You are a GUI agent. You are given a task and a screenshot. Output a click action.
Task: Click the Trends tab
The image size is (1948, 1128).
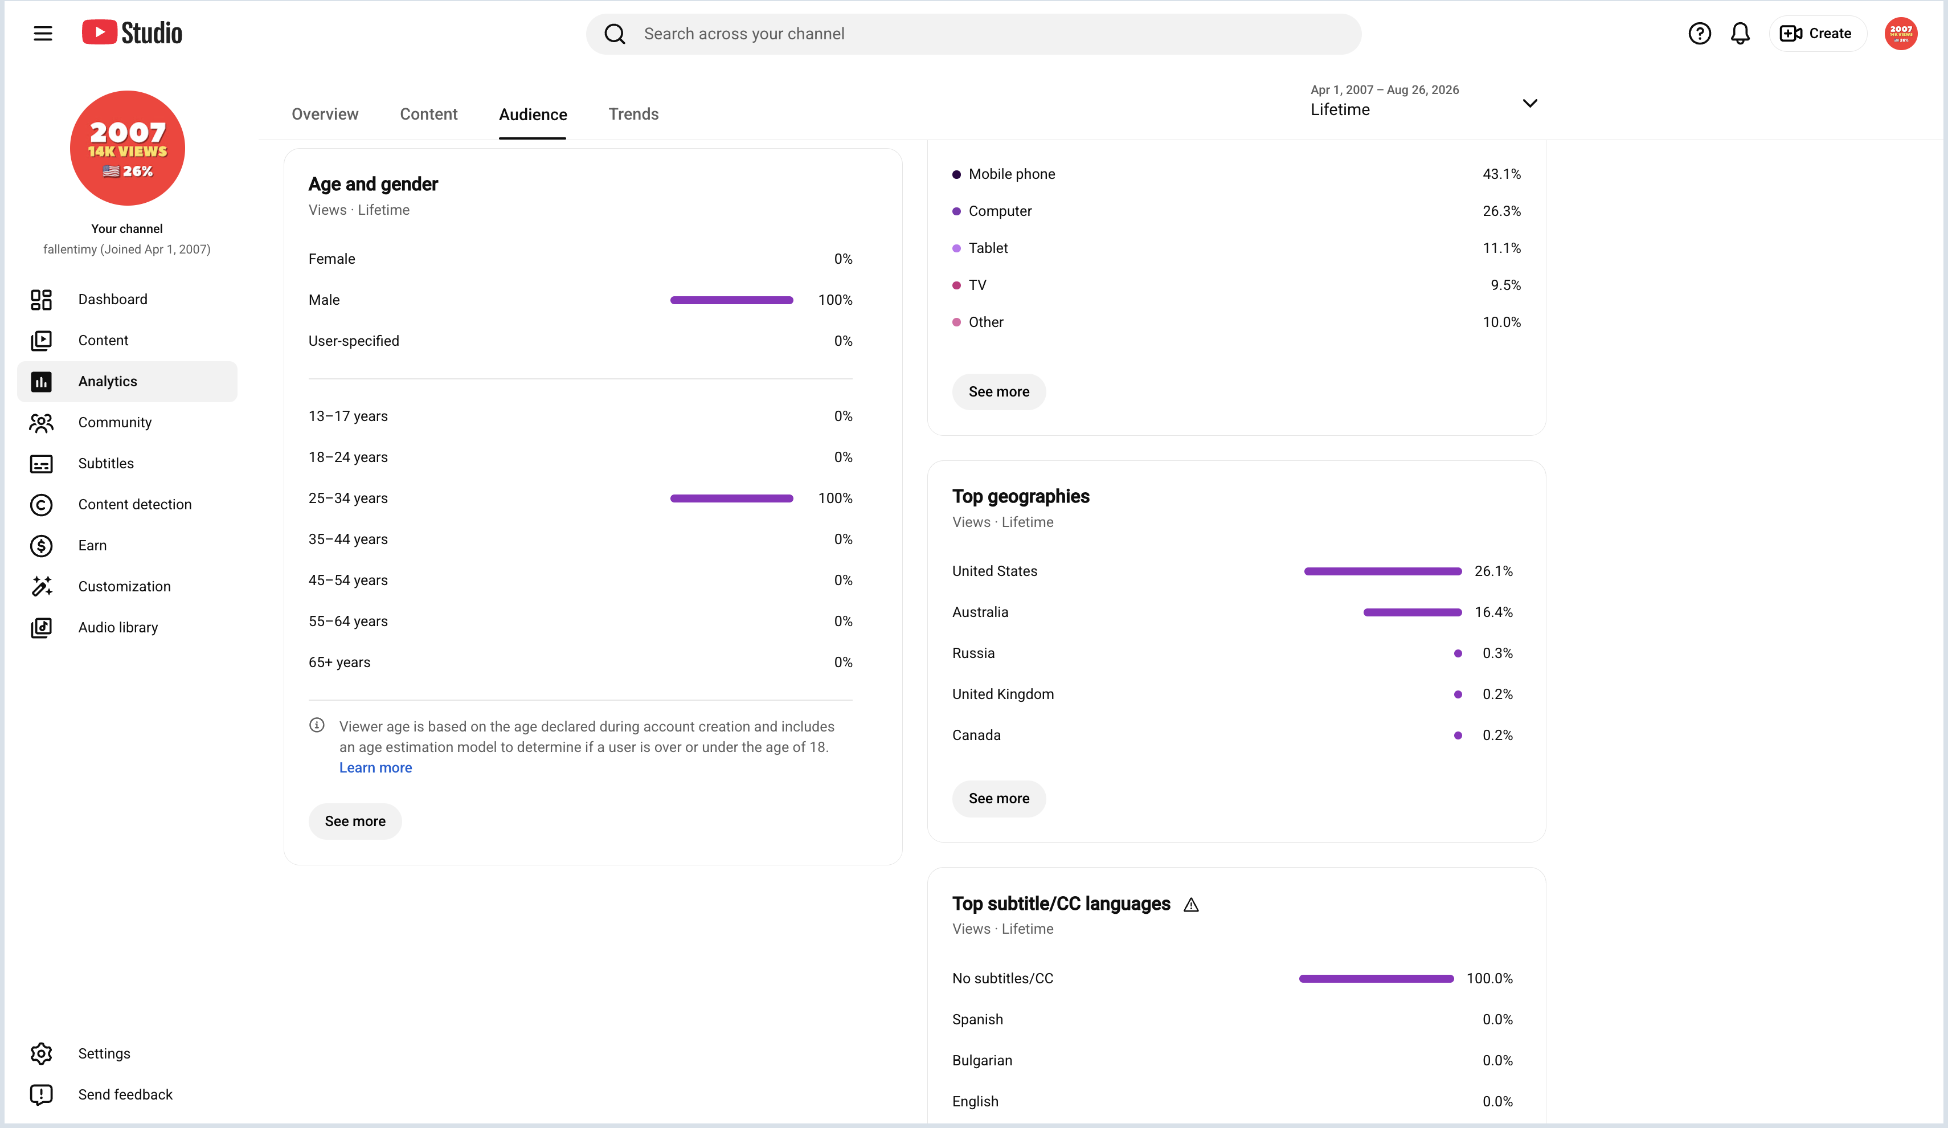633,115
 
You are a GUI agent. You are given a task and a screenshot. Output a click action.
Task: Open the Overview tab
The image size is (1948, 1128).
325,115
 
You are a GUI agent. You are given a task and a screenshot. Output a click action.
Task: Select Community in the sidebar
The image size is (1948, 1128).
114,422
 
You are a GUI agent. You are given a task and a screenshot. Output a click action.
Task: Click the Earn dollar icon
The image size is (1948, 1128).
41,546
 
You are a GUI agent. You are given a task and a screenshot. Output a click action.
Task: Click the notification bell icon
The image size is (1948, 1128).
1740,33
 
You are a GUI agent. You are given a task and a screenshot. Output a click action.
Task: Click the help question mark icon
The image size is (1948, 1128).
1699,33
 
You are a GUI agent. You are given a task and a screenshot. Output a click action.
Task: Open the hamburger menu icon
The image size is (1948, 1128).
43,33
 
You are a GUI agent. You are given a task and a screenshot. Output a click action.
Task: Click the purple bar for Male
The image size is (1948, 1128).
731,300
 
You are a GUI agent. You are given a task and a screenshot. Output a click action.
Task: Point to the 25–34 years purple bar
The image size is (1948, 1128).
731,498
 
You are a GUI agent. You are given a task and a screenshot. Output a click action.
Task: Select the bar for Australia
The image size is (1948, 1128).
1413,612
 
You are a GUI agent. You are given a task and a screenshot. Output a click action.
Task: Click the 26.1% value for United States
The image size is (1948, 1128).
1493,571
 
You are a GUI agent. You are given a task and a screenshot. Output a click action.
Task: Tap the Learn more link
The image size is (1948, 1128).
376,768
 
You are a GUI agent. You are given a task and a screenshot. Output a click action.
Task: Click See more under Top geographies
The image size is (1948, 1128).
998,799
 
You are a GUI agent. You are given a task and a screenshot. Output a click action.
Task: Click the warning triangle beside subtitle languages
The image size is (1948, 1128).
1191,905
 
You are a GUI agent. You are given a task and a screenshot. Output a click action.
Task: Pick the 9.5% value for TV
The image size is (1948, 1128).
1505,285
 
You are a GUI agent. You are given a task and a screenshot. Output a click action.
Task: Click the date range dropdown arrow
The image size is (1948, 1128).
1530,103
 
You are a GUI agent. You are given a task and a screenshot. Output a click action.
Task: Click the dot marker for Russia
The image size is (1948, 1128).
1458,653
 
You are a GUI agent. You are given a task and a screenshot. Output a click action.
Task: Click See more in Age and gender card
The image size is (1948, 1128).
355,821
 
